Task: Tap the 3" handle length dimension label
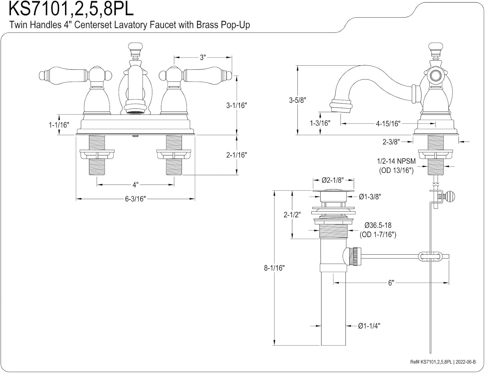(x=203, y=58)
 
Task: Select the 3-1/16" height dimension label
(x=237, y=105)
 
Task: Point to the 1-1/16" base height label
(x=59, y=125)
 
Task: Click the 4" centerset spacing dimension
(x=135, y=185)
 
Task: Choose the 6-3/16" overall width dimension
(x=135, y=199)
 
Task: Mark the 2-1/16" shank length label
(x=237, y=155)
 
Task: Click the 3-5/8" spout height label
(x=297, y=100)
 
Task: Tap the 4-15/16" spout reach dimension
(x=388, y=123)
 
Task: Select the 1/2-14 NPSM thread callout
(x=396, y=161)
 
